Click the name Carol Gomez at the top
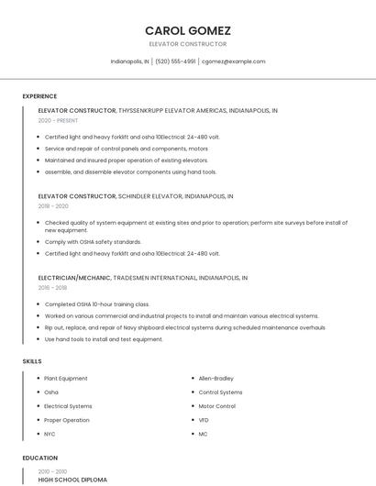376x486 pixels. click(187, 30)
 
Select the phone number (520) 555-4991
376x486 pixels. click(175, 61)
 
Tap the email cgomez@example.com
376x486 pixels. click(234, 61)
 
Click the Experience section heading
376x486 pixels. click(39, 96)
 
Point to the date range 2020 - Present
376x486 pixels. click(58, 121)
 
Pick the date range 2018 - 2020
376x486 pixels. click(53, 207)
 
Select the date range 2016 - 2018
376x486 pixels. click(53, 288)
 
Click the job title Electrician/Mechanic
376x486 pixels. click(76, 277)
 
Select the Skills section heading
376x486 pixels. click(32, 361)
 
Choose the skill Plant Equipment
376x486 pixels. click(66, 378)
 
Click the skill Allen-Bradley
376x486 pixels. click(216, 378)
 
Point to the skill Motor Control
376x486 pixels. click(217, 406)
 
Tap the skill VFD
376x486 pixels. click(204, 420)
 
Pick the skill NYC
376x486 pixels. click(50, 434)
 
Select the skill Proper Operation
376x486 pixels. click(67, 420)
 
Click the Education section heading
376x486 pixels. click(39, 458)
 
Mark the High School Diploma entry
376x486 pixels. click(72, 480)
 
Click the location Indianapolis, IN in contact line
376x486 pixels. click(129, 61)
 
